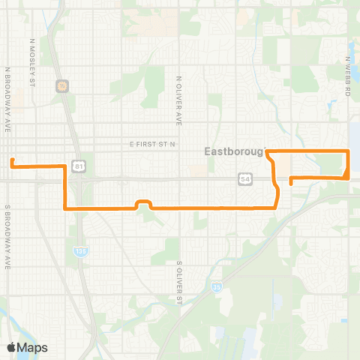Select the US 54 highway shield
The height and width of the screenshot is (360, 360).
tap(246, 178)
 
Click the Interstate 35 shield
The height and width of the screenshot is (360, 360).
tap(216, 286)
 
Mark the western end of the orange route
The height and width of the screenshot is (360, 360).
tap(11, 160)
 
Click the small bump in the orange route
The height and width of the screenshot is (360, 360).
tap(143, 202)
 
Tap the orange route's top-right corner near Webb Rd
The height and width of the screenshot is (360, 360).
tap(349, 152)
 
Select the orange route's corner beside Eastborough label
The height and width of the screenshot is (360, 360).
tap(268, 152)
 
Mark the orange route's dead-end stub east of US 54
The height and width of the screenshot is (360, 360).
tap(290, 184)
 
